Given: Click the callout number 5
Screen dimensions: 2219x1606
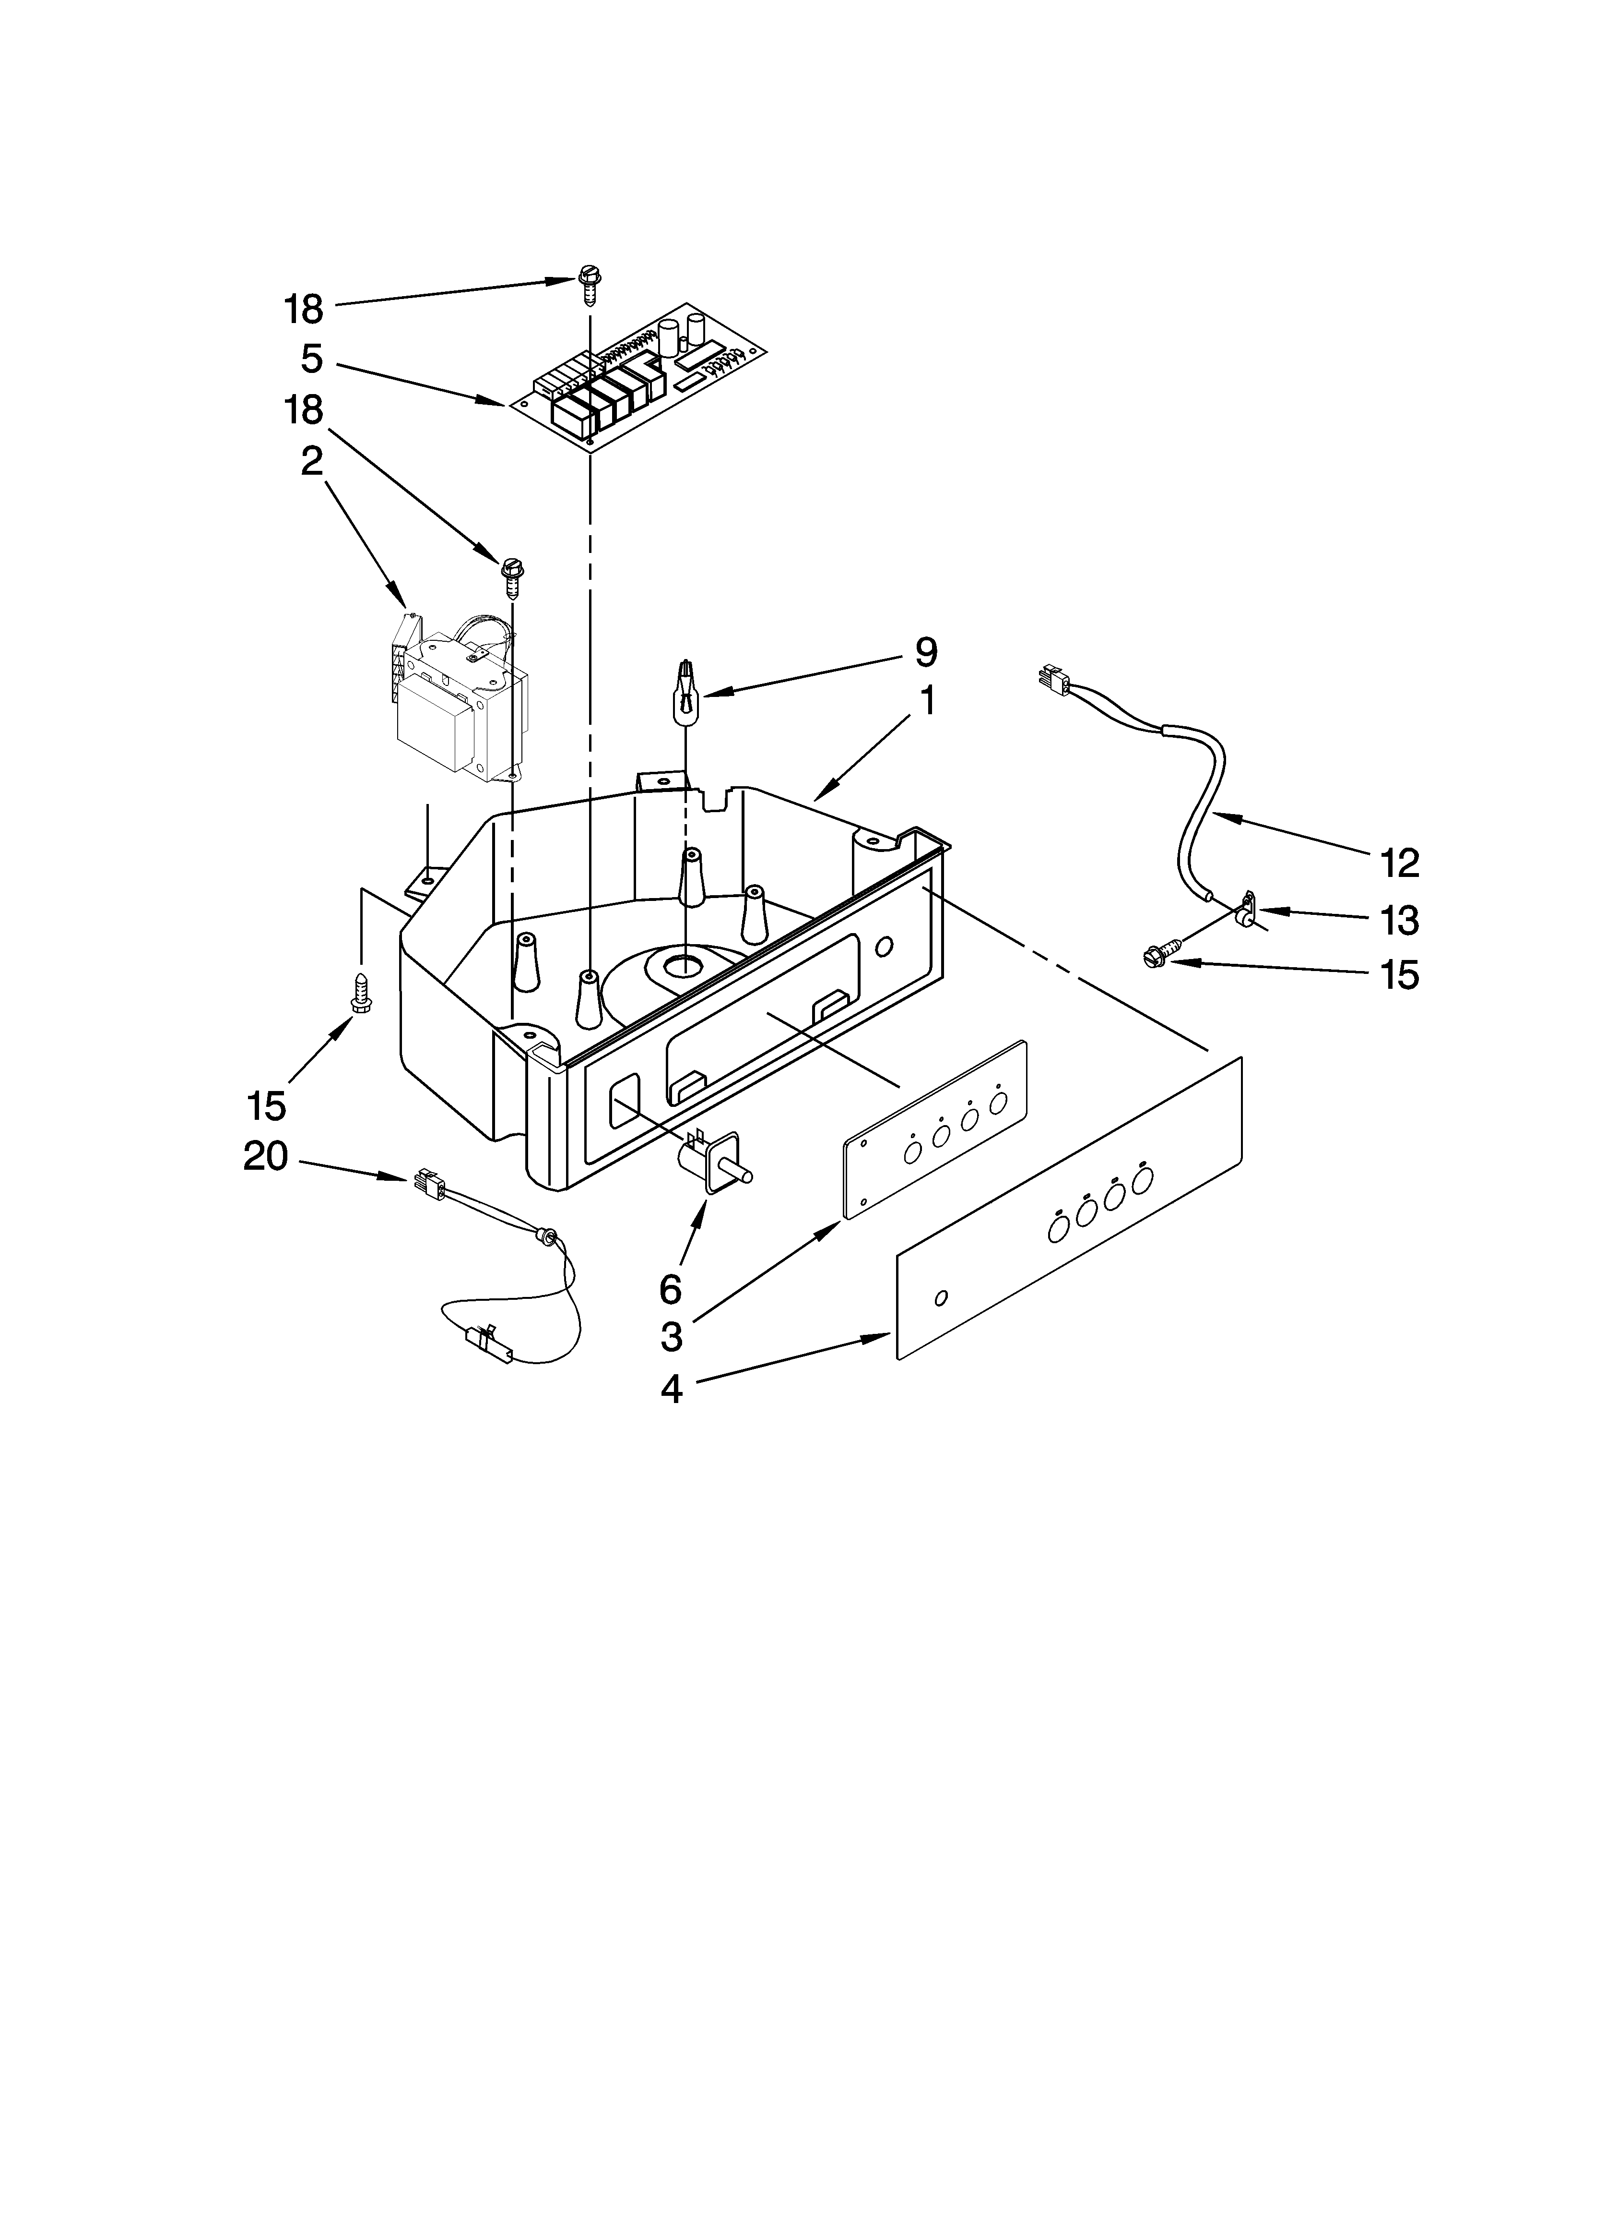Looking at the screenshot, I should point(311,359).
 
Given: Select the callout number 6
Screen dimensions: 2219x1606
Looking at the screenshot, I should point(670,1290).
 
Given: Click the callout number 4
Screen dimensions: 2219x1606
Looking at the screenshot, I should point(671,1389).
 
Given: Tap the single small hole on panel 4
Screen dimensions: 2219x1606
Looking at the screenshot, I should point(941,1298).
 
